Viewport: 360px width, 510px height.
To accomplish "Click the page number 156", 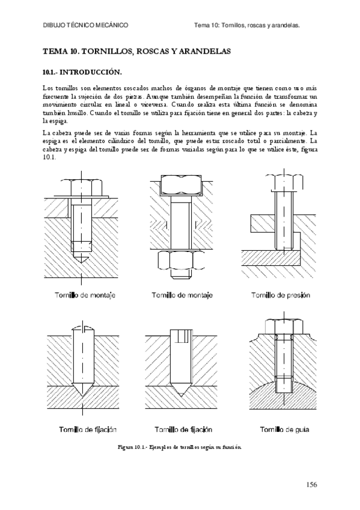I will pos(310,484).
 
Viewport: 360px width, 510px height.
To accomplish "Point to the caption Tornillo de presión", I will pos(280,295).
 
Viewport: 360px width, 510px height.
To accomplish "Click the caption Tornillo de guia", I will pos(280,429).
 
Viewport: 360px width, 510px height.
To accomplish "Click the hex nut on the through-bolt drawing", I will pos(180,261).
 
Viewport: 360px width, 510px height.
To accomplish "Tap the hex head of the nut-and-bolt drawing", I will pos(180,183).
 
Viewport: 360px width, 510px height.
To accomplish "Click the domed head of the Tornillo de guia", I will pos(280,325).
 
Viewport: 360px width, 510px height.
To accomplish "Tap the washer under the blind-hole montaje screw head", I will pos(81,197).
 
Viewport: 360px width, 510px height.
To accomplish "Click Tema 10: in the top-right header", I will pos(207,26).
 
